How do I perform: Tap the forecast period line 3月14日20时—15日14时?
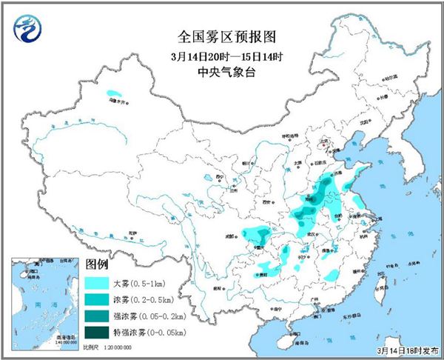point(222,56)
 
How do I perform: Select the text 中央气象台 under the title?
point(222,72)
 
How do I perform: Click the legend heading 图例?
point(98,264)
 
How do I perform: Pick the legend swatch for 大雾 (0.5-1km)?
point(98,283)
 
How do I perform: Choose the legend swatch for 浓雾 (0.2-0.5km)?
point(98,299)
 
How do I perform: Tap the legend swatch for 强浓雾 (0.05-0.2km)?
point(98,316)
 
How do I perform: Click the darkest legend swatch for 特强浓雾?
point(98,332)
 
